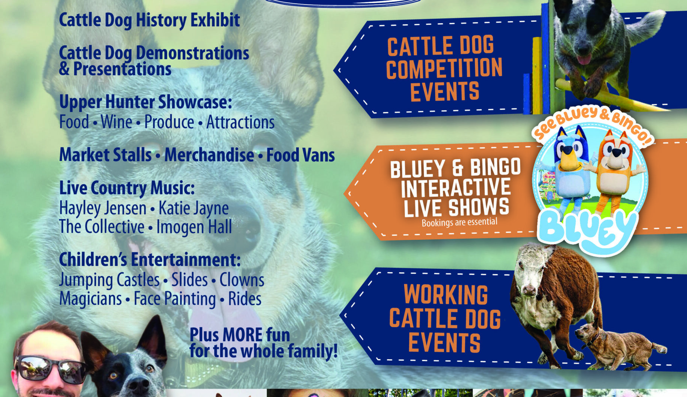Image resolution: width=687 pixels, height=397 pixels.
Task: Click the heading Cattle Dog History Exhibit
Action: tap(149, 20)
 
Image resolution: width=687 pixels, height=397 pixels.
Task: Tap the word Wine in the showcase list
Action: tap(116, 122)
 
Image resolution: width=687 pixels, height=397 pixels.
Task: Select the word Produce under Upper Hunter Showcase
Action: tap(169, 122)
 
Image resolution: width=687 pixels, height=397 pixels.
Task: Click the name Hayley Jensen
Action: tap(103, 208)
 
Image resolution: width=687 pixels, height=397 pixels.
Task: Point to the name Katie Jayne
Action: tap(194, 208)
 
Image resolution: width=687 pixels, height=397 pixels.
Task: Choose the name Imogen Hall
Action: tap(194, 227)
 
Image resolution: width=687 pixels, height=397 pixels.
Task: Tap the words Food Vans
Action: tap(300, 155)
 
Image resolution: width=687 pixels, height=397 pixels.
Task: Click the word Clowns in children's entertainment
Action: tap(242, 280)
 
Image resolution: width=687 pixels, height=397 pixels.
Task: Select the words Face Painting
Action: tap(175, 299)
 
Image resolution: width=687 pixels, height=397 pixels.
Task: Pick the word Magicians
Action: tap(91, 299)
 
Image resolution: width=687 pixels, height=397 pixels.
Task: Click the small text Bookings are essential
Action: tap(460, 222)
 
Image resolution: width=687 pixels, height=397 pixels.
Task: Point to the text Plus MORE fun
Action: tap(240, 334)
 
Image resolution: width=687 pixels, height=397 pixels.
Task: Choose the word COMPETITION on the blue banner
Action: tap(444, 69)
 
